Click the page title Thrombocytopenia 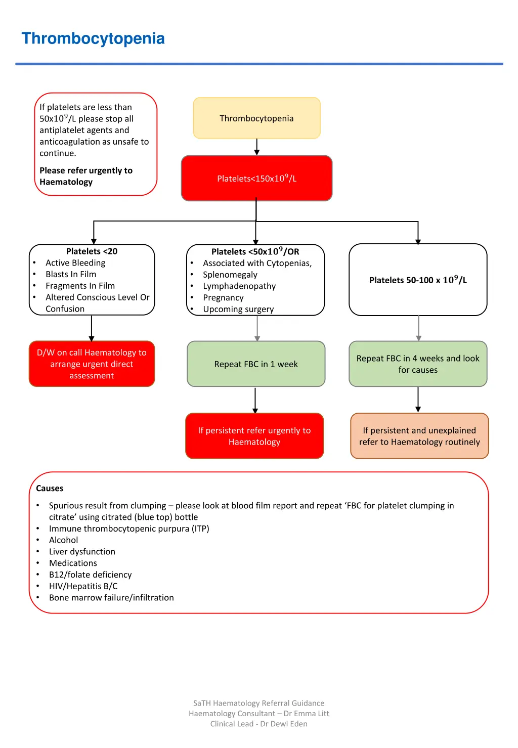[x=93, y=38]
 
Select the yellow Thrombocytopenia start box [x=256, y=118]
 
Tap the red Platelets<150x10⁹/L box [x=256, y=178]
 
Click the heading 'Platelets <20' [x=92, y=251]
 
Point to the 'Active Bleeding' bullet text [x=75, y=263]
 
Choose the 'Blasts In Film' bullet [x=71, y=274]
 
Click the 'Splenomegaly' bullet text [x=230, y=275]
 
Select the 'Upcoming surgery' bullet [x=238, y=309]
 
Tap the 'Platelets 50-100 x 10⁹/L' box [x=418, y=280]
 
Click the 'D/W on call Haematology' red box [x=92, y=364]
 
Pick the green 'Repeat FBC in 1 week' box [x=256, y=364]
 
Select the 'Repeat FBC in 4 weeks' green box [x=418, y=364]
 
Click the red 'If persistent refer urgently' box [x=254, y=436]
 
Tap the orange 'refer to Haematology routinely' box [x=419, y=436]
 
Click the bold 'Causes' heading [x=50, y=489]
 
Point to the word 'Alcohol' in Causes [x=64, y=540]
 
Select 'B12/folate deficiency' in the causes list [x=90, y=575]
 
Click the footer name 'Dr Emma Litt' [x=306, y=714]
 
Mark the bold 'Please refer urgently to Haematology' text [x=86, y=176]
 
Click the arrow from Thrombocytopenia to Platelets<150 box [x=257, y=147]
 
